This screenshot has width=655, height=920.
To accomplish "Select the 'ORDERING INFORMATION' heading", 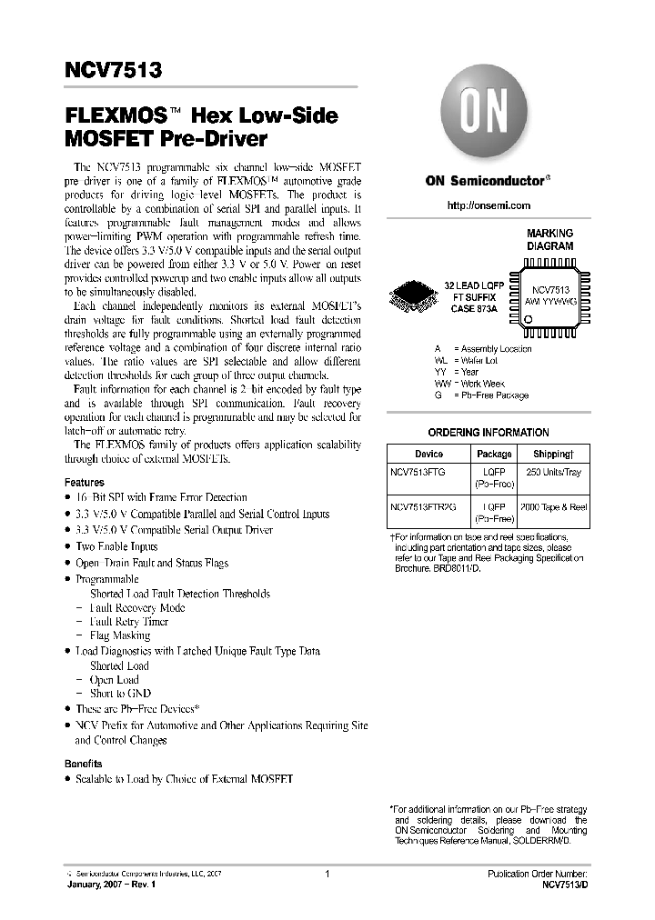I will pos(488,433).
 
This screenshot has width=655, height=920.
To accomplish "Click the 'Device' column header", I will pos(428,454).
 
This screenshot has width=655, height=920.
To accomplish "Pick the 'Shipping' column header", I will pos(552,454).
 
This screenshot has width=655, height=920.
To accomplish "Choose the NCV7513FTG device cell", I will pos(424,473).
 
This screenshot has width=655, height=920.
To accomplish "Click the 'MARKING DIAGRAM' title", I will pos(550,240).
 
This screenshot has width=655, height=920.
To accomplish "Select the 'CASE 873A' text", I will pos(477,308).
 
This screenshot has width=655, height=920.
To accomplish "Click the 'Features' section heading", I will pos(85,483).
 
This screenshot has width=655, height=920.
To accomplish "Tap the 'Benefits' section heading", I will pos(84,764).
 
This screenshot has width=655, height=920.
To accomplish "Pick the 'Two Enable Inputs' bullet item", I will pos(116,546).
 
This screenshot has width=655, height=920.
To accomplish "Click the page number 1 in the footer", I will pos(326,874).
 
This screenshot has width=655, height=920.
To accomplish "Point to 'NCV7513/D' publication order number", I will pos(563,884).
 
